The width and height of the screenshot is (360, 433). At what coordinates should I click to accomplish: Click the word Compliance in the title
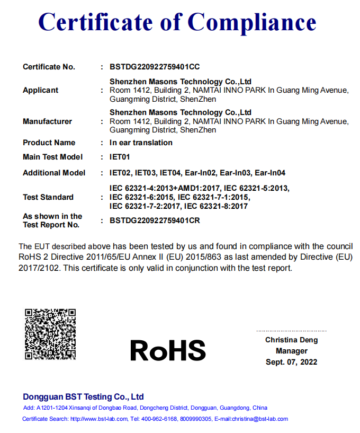tap(252, 22)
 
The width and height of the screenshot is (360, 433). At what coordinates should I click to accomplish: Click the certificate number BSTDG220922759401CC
tap(155, 67)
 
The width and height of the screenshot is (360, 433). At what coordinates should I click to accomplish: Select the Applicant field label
tap(41, 90)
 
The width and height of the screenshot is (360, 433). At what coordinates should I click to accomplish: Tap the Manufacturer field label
tap(47, 121)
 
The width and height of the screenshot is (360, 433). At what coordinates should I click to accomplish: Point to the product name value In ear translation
tap(141, 143)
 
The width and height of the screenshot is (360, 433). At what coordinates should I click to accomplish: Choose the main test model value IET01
tap(120, 157)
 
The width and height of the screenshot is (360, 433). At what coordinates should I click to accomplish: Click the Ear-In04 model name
tap(270, 173)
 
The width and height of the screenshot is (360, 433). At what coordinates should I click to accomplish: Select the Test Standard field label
tap(48, 197)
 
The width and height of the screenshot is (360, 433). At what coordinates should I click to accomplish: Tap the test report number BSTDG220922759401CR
tap(155, 220)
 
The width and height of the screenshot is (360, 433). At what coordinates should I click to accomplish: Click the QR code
tap(50, 333)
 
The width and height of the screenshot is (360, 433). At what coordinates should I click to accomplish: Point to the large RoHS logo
tap(168, 350)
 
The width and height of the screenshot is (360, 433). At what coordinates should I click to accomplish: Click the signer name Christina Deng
tap(291, 340)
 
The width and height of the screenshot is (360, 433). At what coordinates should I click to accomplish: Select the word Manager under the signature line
tap(291, 351)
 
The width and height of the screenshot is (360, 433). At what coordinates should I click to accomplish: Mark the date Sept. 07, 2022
tap(291, 362)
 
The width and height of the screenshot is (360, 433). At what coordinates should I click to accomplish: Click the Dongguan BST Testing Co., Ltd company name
tap(83, 397)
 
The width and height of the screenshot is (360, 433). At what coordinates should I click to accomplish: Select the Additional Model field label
tap(54, 173)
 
